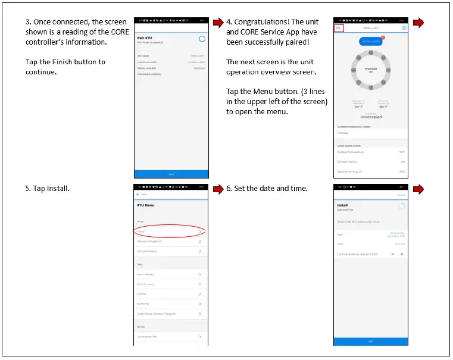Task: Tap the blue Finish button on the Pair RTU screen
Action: point(171,174)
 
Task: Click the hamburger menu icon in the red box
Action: point(338,28)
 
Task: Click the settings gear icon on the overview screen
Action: point(404,28)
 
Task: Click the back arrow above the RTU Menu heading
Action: point(139,195)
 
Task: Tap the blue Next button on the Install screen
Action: point(371,342)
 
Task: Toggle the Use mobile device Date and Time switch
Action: point(401,254)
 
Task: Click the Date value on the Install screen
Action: point(396,234)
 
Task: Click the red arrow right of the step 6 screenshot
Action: point(418,189)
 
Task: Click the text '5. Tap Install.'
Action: point(48,189)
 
